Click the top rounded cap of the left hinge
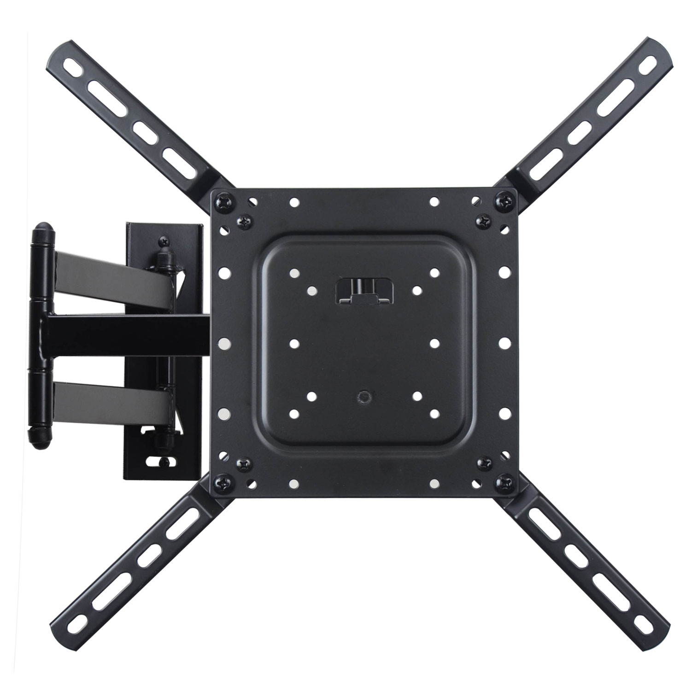pos(42,230)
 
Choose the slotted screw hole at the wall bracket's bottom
pos(159,461)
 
